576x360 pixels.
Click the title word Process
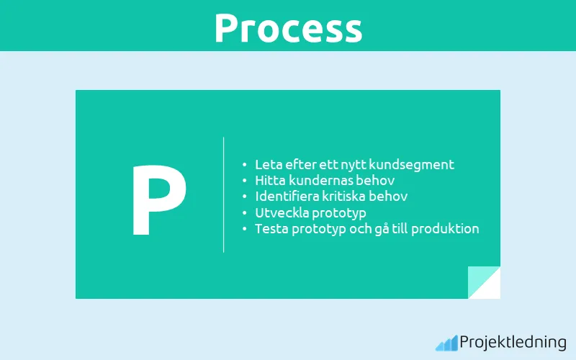click(288, 28)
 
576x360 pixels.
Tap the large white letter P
click(158, 201)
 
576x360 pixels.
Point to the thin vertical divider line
click(223, 194)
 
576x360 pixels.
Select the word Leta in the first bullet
click(268, 164)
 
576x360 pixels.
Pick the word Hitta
click(271, 180)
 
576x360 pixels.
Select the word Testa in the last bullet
click(271, 228)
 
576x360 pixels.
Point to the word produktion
click(444, 229)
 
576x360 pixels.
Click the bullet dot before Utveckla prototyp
click(245, 213)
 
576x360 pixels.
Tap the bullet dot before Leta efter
click(245, 165)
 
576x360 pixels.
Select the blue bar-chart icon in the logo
click(446, 343)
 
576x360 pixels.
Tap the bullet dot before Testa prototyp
click(245, 229)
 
